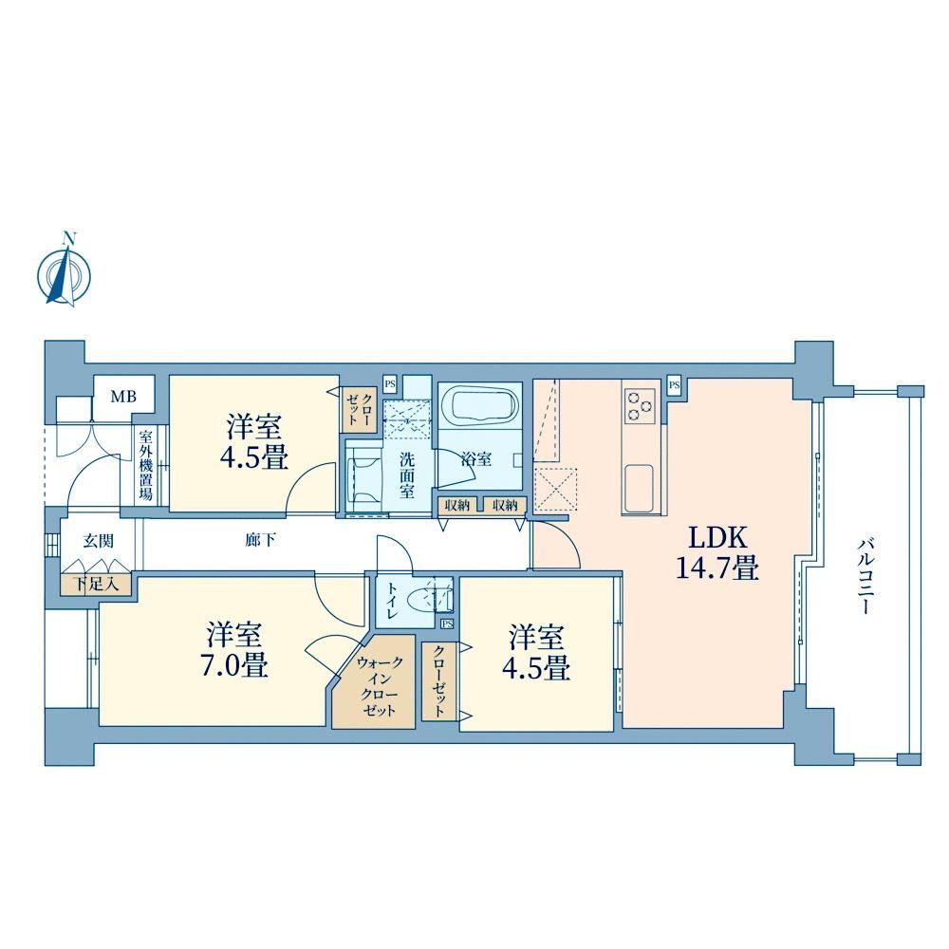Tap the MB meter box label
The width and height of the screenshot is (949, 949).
122,397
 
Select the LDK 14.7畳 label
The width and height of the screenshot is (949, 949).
717,552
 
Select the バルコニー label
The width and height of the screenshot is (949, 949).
865,576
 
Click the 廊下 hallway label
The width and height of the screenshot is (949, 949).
260,539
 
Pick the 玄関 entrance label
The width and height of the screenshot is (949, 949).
99,540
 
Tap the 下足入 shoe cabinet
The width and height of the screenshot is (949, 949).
96,584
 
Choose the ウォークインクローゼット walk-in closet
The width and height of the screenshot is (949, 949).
373,681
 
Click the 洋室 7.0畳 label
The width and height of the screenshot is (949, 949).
233,650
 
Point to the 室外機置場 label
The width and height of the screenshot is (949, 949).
146,465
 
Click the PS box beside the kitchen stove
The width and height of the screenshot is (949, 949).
675,385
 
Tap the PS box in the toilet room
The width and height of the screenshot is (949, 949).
447,623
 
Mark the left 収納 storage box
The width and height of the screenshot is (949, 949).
457,506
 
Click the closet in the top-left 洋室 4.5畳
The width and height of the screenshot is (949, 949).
360,409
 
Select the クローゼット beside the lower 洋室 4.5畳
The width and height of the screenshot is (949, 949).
439,681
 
